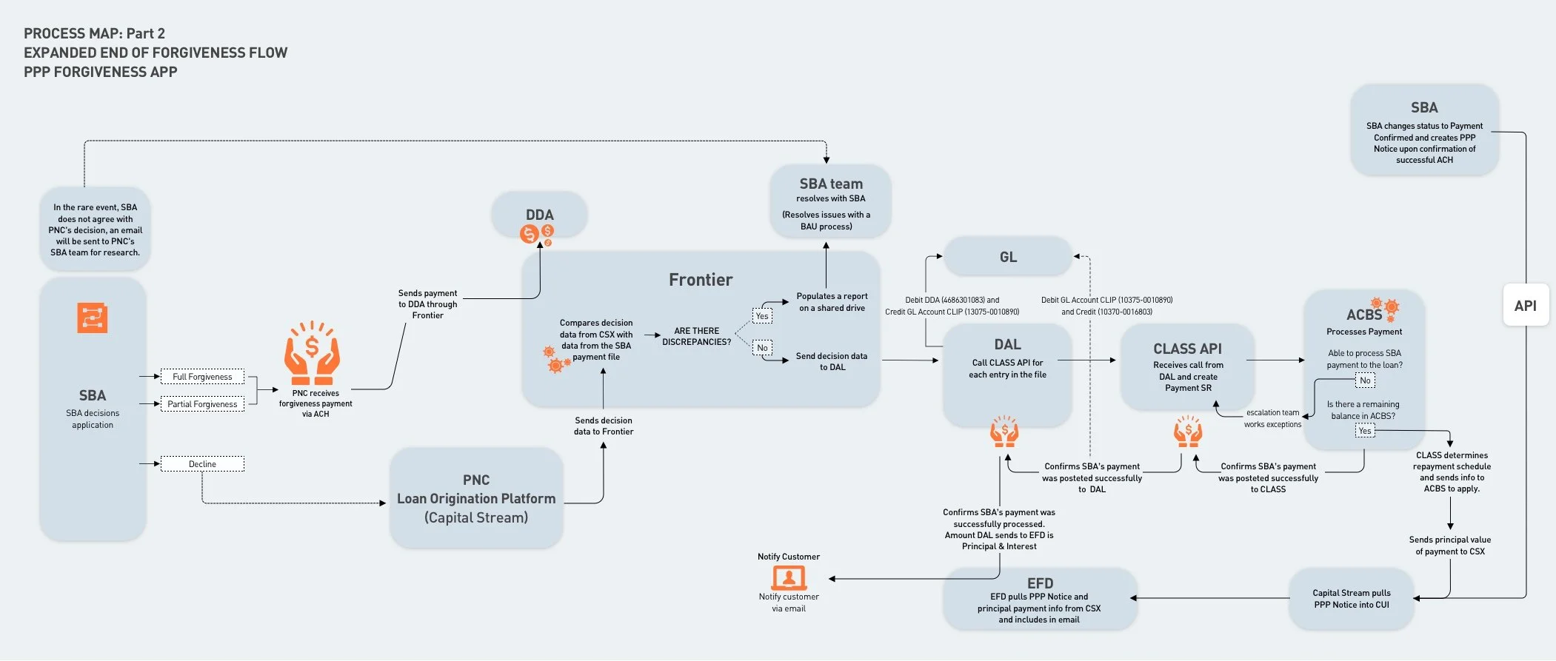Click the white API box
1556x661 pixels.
(1526, 305)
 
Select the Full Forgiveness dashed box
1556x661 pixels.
(202, 377)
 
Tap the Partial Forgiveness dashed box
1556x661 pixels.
(202, 404)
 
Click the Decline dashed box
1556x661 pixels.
(202, 464)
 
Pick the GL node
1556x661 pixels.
(1008, 257)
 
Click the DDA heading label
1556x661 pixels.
(540, 215)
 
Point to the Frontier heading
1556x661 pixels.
(701, 280)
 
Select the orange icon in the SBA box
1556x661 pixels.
(93, 318)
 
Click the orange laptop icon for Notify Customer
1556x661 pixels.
(789, 577)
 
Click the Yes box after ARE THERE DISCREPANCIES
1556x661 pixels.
(762, 316)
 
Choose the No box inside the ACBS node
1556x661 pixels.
(1365, 380)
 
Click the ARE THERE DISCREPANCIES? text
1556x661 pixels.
(696, 337)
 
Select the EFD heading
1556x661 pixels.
(1040, 583)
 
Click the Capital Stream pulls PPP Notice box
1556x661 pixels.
(1352, 599)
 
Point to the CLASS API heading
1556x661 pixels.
(1188, 349)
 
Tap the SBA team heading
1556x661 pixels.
(831, 184)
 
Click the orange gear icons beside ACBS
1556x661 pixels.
(1384, 309)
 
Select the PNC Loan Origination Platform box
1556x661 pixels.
(476, 498)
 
